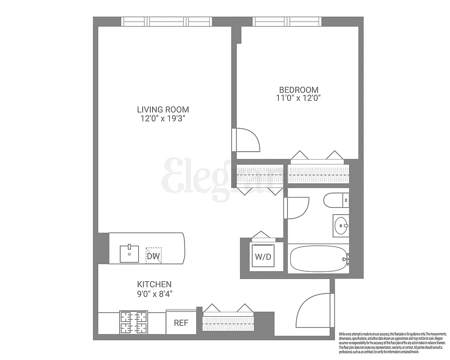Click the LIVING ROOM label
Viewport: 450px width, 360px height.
(x=163, y=109)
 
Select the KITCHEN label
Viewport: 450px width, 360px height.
(x=154, y=284)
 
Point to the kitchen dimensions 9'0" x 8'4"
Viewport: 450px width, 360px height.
(x=154, y=294)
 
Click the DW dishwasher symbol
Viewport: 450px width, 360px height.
(x=153, y=256)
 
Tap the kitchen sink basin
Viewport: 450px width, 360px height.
(x=130, y=254)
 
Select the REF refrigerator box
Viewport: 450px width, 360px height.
(x=181, y=323)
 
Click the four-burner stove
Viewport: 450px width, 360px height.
(x=134, y=323)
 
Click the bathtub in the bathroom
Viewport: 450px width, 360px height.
(x=319, y=259)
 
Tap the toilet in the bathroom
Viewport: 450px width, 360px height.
(x=336, y=200)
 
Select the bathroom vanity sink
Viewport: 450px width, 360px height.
(x=341, y=225)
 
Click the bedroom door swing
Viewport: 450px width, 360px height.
(x=246, y=140)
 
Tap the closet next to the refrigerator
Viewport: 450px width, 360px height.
(x=229, y=322)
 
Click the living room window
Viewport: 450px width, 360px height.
(x=166, y=21)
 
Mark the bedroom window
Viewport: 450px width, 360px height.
(x=287, y=21)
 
